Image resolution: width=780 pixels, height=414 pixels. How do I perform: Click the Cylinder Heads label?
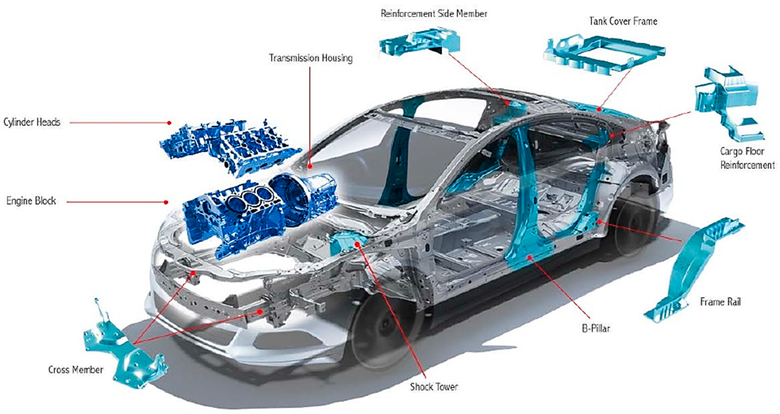pos(32,122)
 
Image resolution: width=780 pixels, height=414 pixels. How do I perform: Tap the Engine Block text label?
pos(31,201)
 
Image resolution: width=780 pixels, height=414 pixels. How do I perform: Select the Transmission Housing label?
pos(311,58)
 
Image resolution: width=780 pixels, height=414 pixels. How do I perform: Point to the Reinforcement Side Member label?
pos(434,14)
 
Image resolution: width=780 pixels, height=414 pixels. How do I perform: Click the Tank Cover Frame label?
pos(623,21)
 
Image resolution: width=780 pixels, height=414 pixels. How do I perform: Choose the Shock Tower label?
pos(434,387)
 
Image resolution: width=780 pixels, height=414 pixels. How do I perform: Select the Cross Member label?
pos(76,370)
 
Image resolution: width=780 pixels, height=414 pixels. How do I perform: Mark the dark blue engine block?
pos(233,218)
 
